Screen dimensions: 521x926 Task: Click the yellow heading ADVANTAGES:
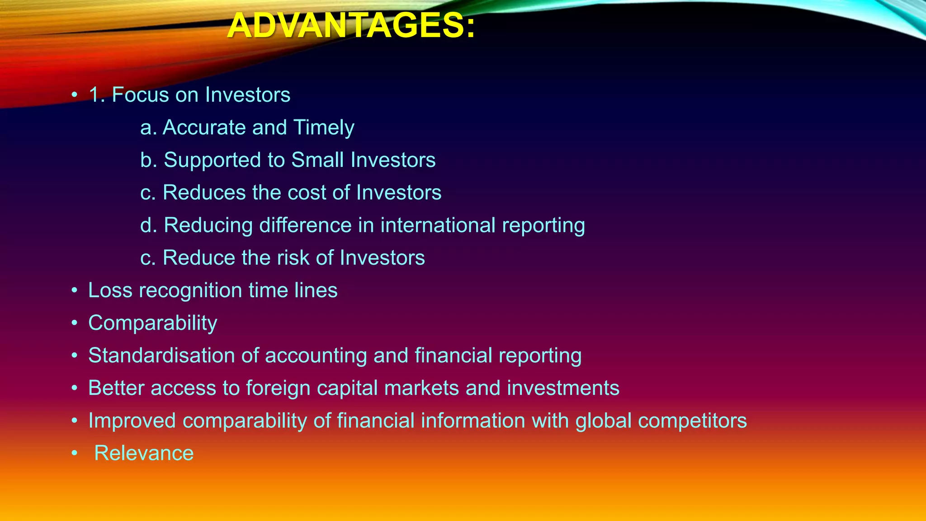[351, 26]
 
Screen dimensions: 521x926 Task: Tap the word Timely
[324, 128]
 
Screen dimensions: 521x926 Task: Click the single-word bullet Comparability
[153, 323]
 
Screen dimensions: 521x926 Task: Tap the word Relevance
[144, 453]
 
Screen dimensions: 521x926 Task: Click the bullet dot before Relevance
[75, 454]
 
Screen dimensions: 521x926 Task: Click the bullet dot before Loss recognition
[75, 291]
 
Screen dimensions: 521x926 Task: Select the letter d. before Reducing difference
[148, 225]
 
